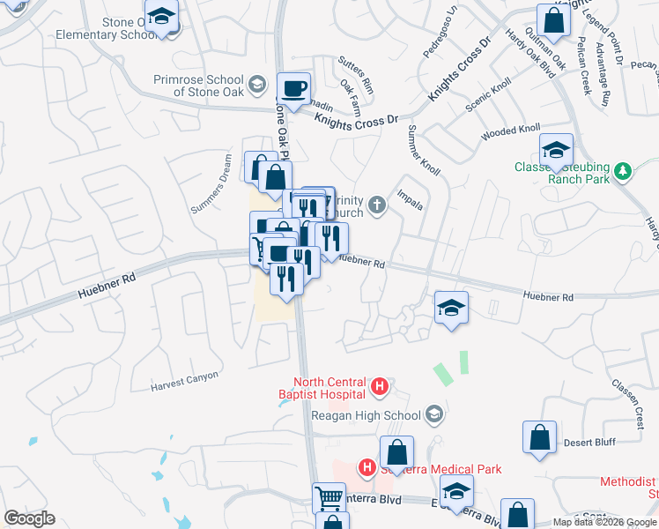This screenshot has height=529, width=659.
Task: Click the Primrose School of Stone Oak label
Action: click(196, 85)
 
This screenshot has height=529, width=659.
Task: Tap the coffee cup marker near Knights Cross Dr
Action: click(295, 89)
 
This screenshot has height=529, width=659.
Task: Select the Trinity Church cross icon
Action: click(377, 206)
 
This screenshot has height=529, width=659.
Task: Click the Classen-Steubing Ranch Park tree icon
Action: click(624, 169)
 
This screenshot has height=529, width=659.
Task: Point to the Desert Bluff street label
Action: click(589, 442)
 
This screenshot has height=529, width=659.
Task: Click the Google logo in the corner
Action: click(29, 518)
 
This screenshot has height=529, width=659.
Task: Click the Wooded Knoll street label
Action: click(510, 134)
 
